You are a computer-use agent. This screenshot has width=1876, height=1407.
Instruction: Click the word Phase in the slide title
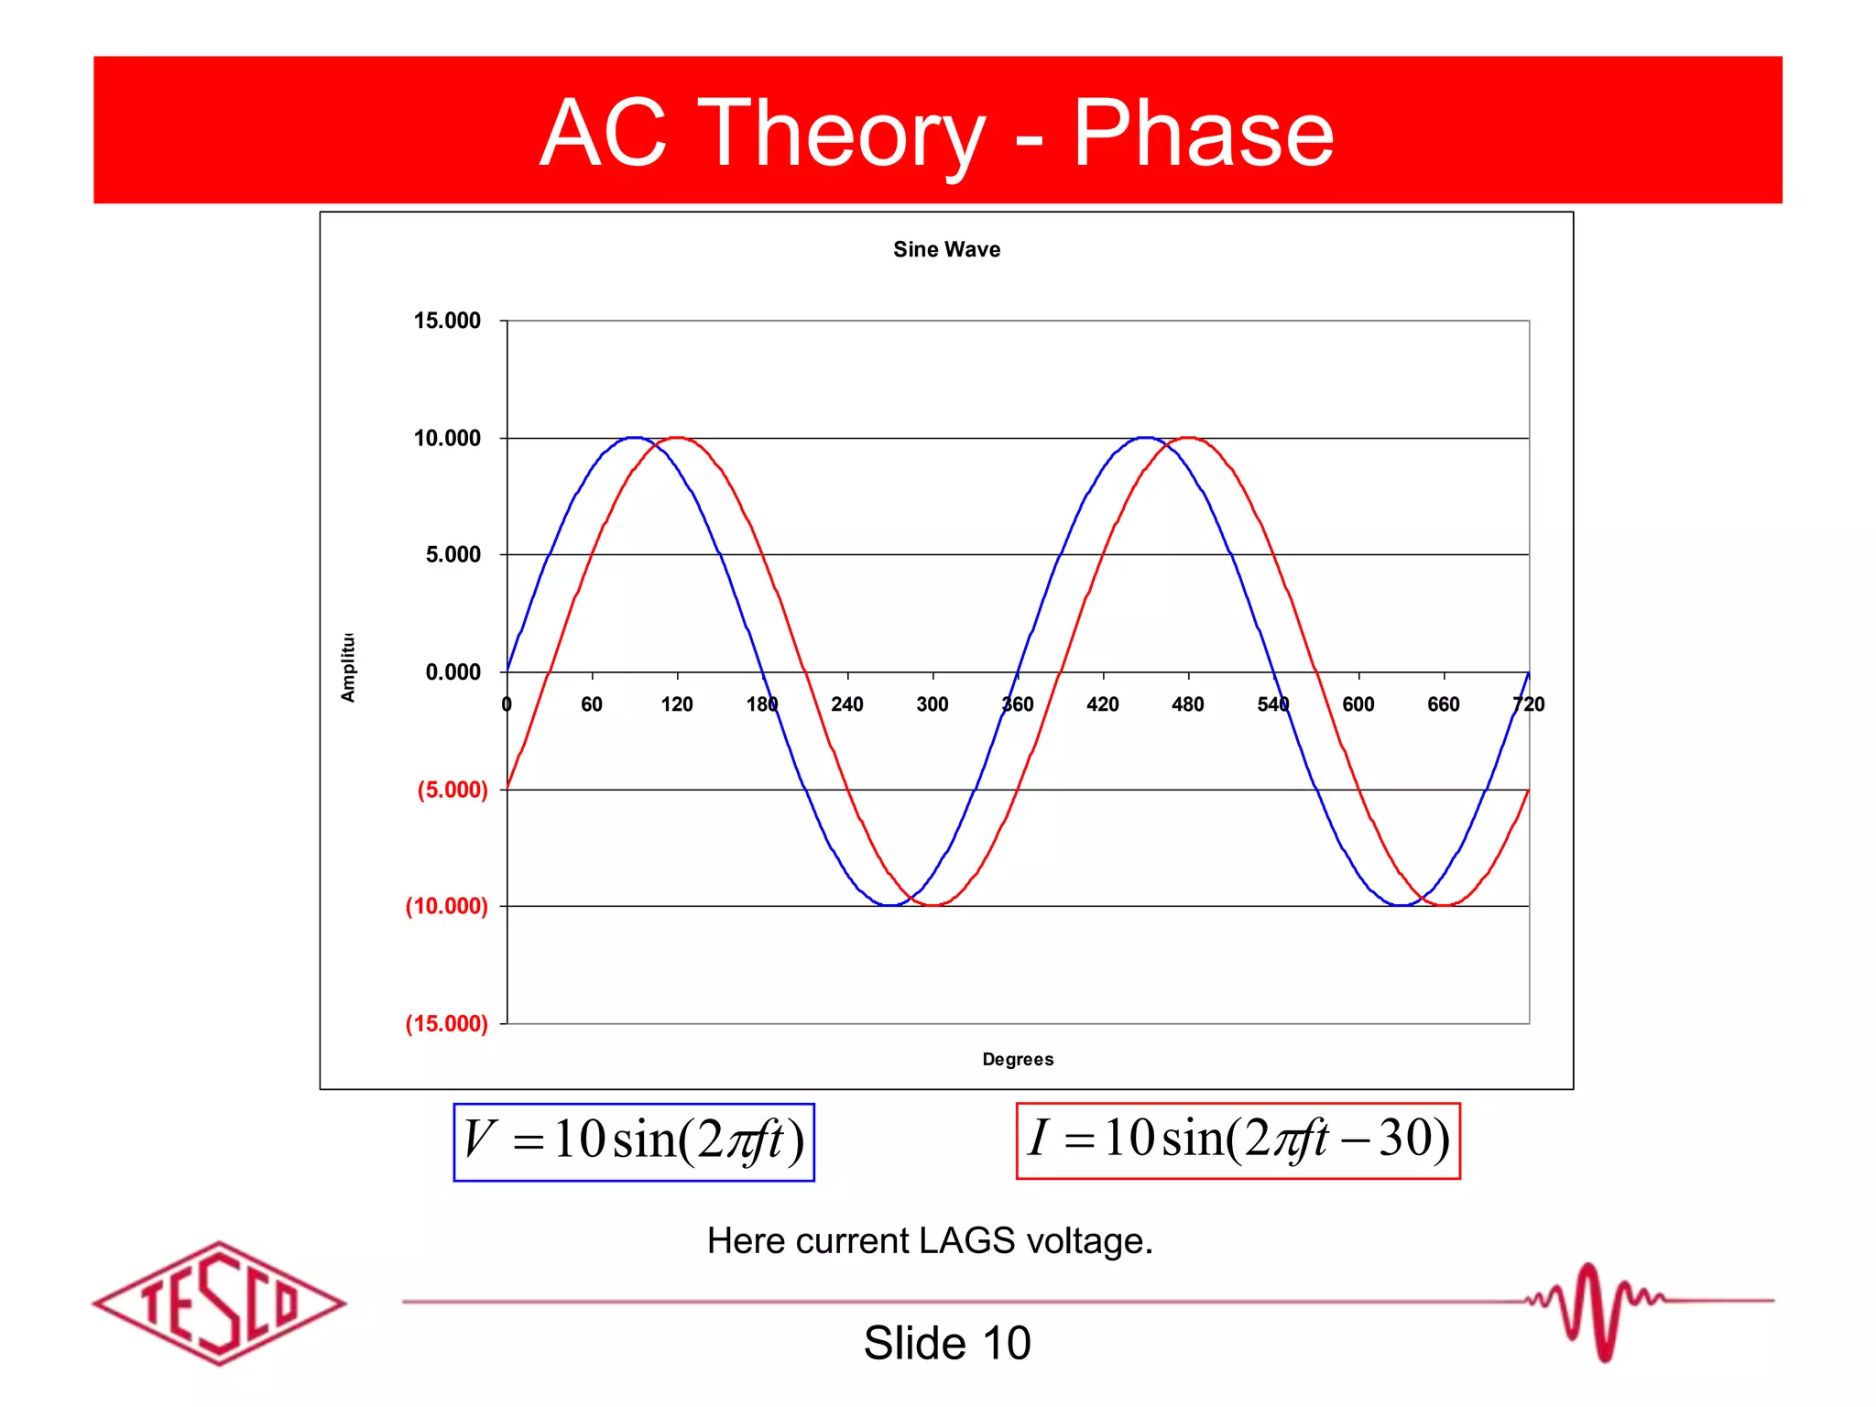point(1202,134)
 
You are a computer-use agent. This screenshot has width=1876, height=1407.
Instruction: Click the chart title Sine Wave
point(946,249)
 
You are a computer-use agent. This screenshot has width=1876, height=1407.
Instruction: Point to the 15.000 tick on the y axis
point(447,321)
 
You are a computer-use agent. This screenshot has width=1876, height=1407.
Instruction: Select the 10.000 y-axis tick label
point(447,438)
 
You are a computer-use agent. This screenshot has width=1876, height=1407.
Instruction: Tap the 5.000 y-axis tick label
point(453,554)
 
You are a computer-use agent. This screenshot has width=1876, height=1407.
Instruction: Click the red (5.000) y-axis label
point(453,790)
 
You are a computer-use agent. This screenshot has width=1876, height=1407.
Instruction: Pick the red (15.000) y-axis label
point(447,1023)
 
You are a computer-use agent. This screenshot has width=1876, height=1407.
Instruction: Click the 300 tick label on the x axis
point(933,704)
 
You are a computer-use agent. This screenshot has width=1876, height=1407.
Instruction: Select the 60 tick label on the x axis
point(592,704)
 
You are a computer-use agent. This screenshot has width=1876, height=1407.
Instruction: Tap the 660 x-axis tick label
point(1443,704)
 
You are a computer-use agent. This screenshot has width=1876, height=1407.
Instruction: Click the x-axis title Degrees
point(1018,1059)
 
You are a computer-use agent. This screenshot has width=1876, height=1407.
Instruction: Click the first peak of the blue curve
point(635,438)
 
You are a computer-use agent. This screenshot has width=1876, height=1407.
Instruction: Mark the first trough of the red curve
point(933,905)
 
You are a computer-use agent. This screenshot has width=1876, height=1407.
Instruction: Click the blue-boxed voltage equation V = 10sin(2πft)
point(634,1142)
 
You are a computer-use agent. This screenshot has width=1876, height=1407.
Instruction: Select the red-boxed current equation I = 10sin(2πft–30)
point(1238,1140)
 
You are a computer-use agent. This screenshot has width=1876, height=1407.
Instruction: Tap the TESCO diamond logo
point(219,1303)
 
